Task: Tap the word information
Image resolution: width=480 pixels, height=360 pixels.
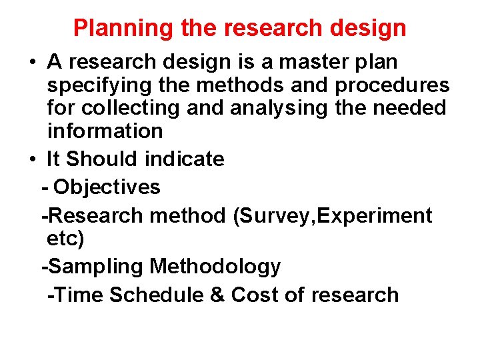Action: [105, 131]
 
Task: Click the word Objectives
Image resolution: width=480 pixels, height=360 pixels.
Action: [107, 187]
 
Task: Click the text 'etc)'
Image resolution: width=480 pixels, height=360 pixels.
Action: [65, 238]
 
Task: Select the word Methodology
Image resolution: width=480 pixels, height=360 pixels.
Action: [215, 267]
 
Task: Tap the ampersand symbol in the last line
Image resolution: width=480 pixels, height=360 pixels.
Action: [217, 295]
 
